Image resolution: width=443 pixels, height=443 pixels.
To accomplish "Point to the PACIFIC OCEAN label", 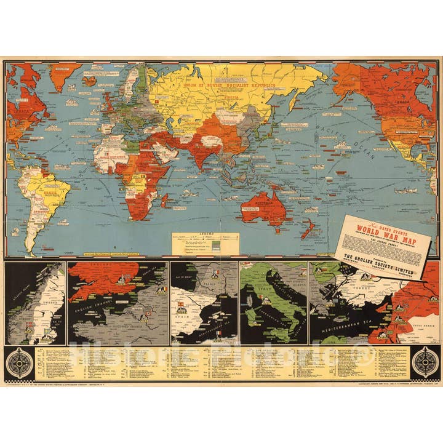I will tap(333, 130).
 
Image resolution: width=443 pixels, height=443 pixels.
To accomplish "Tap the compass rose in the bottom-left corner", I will tap(18, 362).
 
